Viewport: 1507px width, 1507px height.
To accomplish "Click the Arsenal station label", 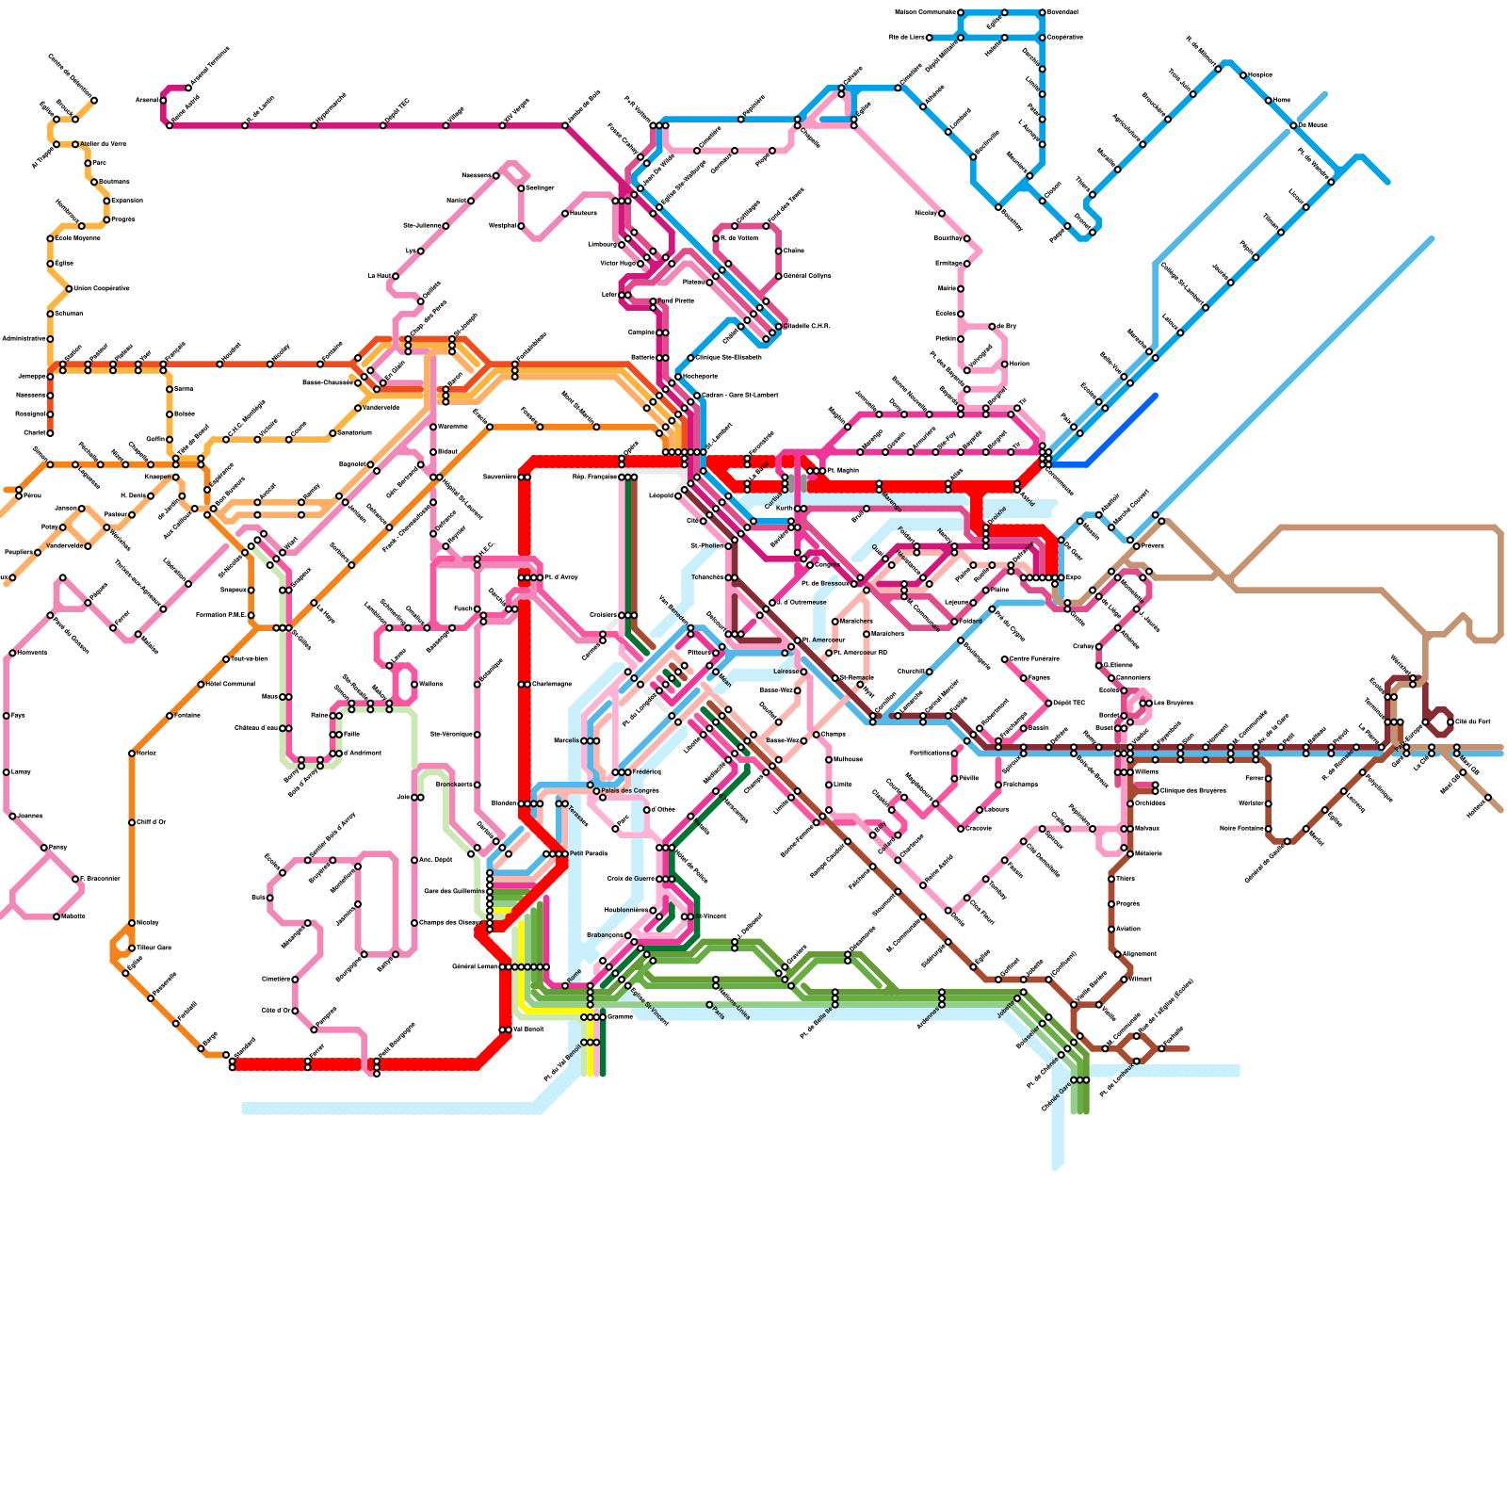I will (x=146, y=99).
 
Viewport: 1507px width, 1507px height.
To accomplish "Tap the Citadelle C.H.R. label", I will (x=807, y=326).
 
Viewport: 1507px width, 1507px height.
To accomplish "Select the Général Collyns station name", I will (x=807, y=276).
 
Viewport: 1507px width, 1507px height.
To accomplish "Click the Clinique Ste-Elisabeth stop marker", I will (x=690, y=358).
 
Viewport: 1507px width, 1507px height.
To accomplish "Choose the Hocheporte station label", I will (x=700, y=376).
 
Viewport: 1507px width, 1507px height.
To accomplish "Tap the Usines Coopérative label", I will (x=102, y=288).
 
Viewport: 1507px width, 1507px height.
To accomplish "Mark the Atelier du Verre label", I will (x=103, y=144).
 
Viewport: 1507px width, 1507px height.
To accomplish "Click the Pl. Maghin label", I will (x=842, y=470).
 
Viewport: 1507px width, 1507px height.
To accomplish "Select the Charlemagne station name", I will (x=552, y=684).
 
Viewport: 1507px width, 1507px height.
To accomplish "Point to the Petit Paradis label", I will (x=589, y=853).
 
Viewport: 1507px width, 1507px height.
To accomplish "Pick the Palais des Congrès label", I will (x=630, y=790).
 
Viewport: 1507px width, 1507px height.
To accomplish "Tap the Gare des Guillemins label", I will (x=455, y=891).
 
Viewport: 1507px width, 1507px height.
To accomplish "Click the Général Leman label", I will (x=475, y=966).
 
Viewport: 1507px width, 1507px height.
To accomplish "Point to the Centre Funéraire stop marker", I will (x=1004, y=659).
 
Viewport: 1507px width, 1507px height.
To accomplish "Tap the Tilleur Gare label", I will (x=154, y=948).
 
